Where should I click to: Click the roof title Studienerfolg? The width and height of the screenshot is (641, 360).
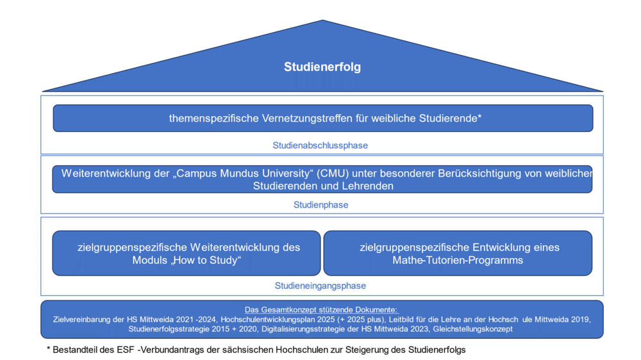pyautogui.click(x=322, y=67)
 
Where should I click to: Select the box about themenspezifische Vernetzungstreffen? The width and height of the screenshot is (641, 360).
pyautogui.click(x=323, y=118)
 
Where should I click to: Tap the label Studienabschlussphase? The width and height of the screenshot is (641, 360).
pyautogui.click(x=320, y=145)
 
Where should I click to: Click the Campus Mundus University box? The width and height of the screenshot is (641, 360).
pyautogui.click(x=322, y=179)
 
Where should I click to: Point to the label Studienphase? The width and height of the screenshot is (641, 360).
pyautogui.click(x=321, y=205)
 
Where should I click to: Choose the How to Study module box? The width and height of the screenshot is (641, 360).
pyautogui.click(x=187, y=254)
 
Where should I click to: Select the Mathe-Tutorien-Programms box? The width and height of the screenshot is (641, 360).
pyautogui.click(x=458, y=254)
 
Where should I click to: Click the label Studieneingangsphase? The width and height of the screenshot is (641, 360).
pyautogui.click(x=320, y=286)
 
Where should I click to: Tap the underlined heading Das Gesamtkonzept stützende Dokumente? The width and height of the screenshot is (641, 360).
pyautogui.click(x=321, y=310)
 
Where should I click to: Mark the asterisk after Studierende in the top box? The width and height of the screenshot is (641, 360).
pyautogui.click(x=480, y=117)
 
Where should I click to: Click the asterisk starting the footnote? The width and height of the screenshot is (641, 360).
pyautogui.click(x=48, y=348)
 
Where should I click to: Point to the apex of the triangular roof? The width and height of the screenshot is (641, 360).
pyautogui.click(x=322, y=20)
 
